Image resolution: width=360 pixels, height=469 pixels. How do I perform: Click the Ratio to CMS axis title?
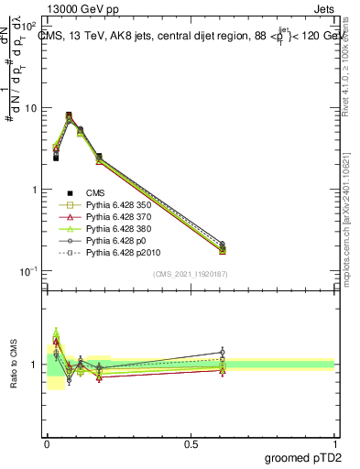tap(14, 364)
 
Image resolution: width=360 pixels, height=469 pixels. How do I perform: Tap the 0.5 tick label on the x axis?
tap(191, 443)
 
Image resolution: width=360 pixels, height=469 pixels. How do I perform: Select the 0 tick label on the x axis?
tap(47, 443)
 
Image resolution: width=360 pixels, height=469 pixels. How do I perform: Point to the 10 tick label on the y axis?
tap(31, 108)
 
